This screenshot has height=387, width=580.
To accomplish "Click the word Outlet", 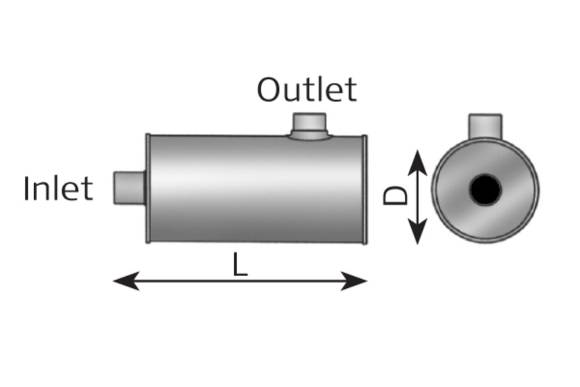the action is point(307,89).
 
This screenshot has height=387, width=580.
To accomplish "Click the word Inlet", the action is point(57,189).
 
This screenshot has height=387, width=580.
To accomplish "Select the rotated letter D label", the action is point(395,195).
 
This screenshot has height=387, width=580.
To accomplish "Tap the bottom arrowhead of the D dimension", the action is point(418,232).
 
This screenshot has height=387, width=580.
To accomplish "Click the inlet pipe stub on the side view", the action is point(129,187).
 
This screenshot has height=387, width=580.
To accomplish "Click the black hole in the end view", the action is point(485,189).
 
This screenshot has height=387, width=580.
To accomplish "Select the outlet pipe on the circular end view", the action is point(485,126).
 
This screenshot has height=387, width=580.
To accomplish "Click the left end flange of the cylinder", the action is point(148,189).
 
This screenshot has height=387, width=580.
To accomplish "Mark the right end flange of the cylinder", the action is point(364,189).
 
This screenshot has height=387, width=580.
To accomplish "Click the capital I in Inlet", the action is point(26,189).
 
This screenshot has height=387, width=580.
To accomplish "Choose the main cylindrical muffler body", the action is point(256,189).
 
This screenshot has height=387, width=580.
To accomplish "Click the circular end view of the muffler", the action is point(485,190).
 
